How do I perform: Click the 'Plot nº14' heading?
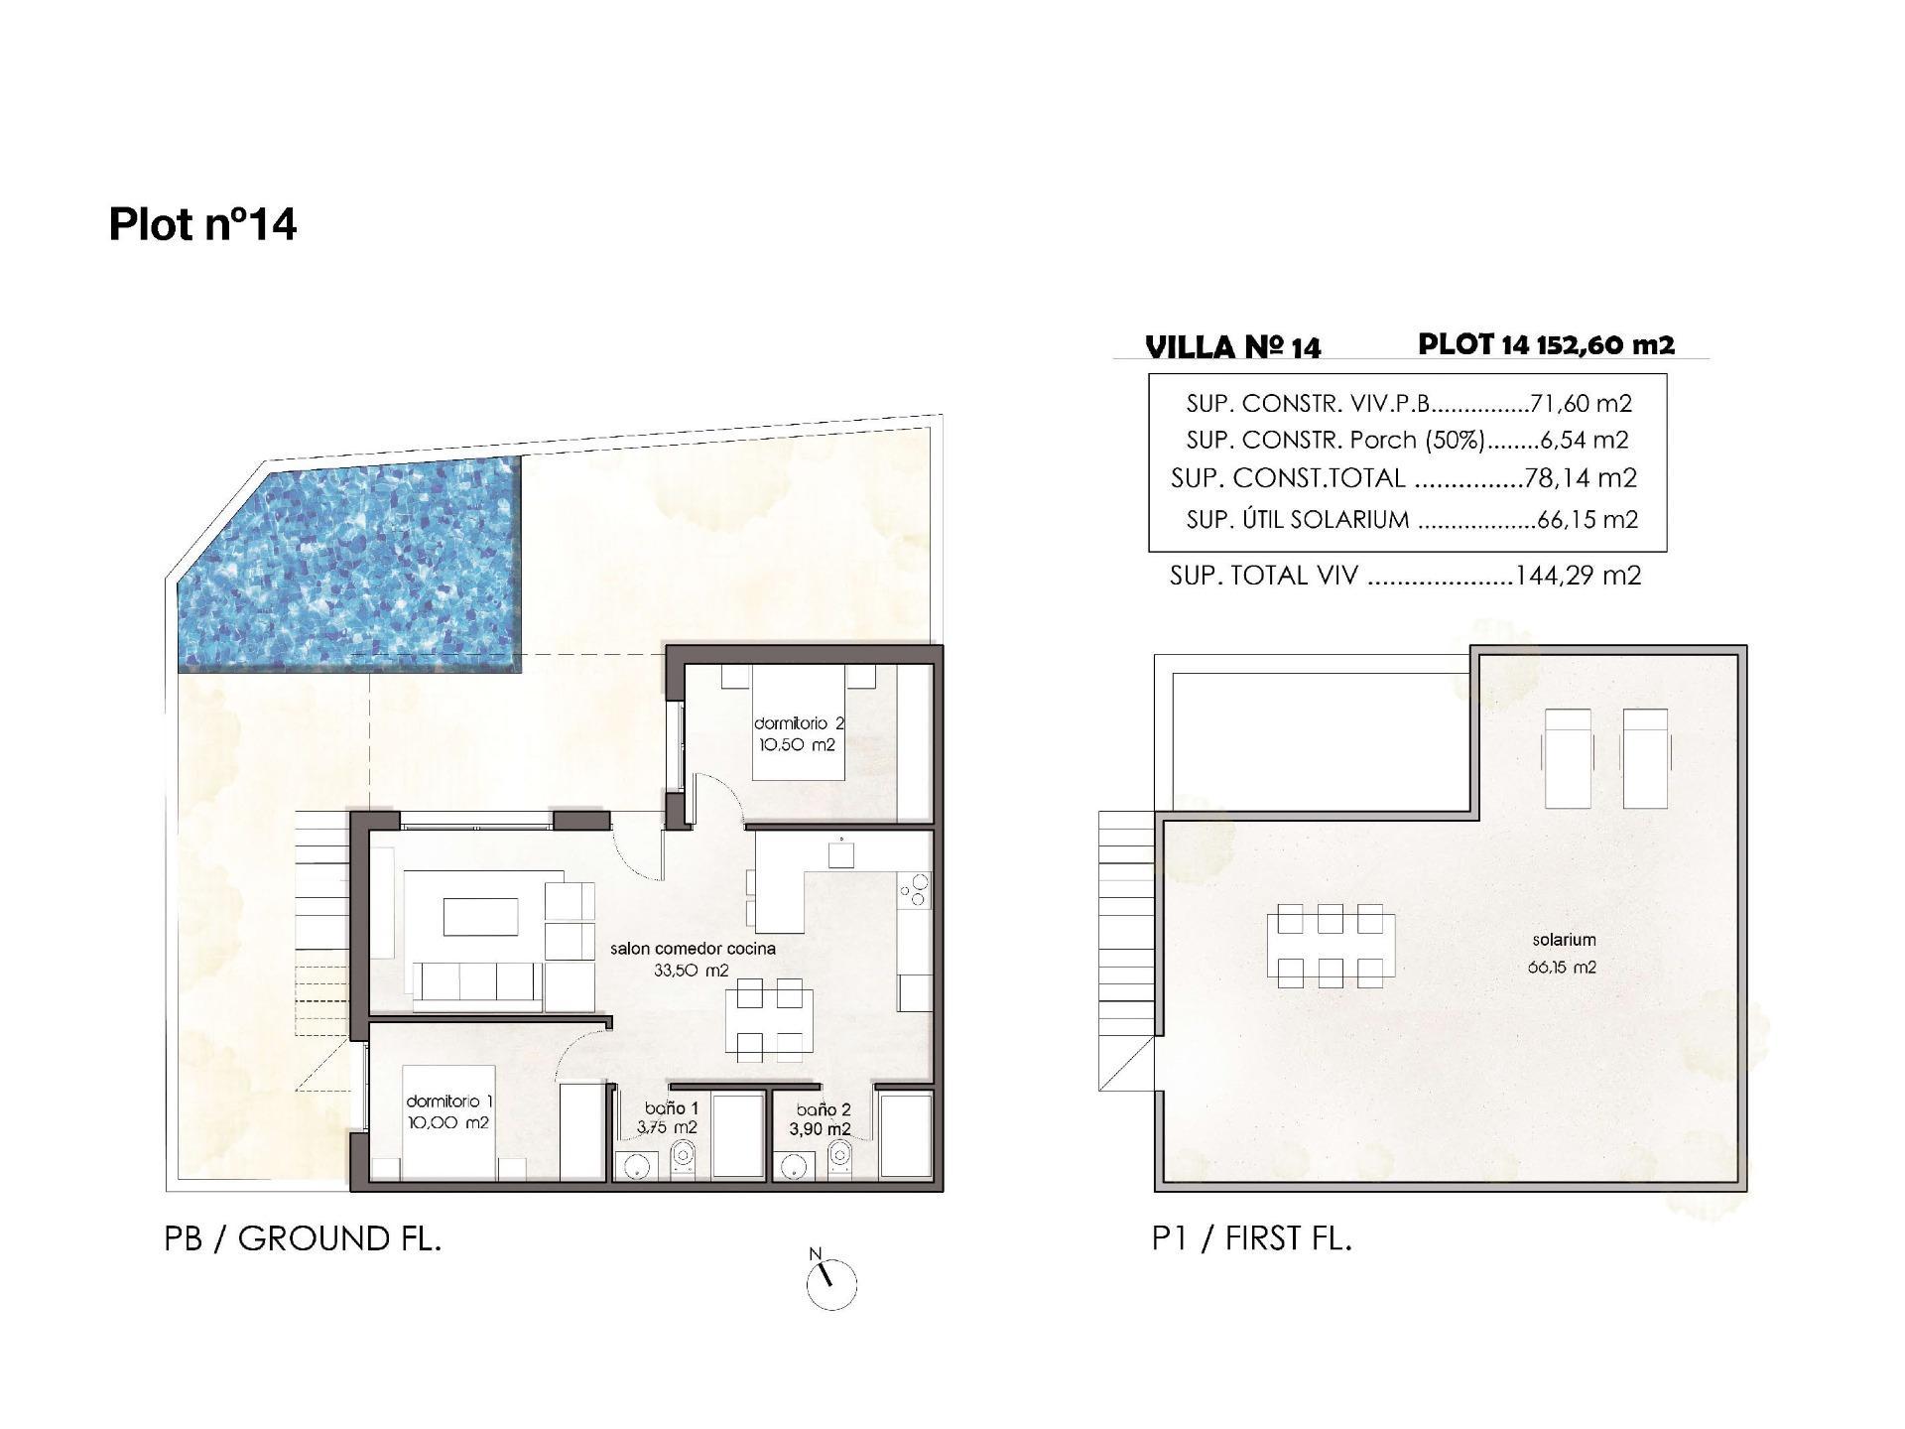(202, 224)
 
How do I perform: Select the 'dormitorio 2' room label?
(798, 724)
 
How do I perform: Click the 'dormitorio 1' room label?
(448, 1102)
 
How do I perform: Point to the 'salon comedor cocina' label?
(693, 949)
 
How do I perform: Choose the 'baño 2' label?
(823, 1110)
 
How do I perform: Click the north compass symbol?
(831, 1285)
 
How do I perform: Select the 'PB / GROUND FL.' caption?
(303, 1239)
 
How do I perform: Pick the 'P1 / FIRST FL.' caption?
(1251, 1239)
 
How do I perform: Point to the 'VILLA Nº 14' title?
(1232, 347)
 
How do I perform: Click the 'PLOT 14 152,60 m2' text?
(1546, 344)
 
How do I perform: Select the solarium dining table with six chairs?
(1330, 946)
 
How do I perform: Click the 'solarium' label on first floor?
(1564, 940)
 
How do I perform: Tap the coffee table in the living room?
(480, 916)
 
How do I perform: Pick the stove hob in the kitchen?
(914, 889)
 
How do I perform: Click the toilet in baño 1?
(683, 1157)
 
